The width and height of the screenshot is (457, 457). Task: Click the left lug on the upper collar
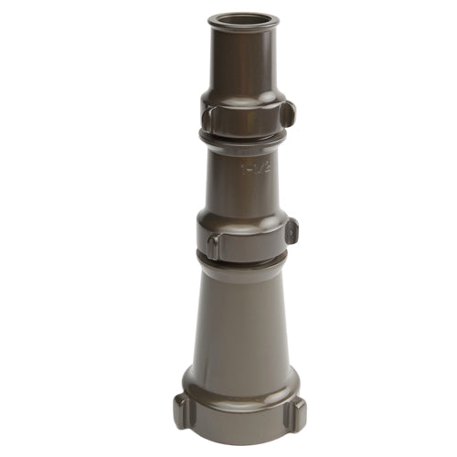(x=207, y=117)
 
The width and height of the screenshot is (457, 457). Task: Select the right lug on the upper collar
(x=287, y=114)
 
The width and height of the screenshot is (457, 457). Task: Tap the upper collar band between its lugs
(x=245, y=117)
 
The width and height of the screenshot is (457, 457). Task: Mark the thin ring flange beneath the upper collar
(x=242, y=138)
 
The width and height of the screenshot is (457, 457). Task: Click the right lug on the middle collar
(x=292, y=230)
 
